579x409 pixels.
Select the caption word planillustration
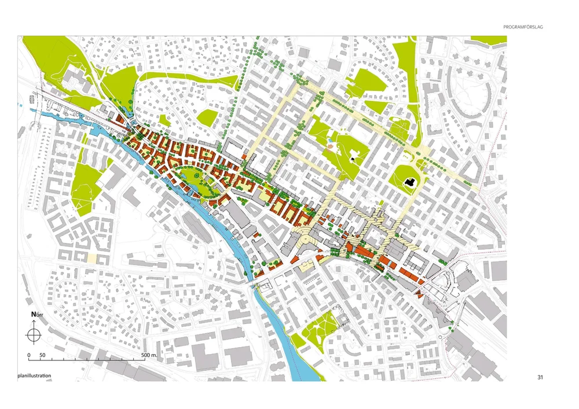tap(34, 376)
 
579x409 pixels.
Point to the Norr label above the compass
tap(36, 315)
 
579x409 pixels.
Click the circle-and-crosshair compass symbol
tap(34, 334)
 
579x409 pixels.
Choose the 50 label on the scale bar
tap(42, 354)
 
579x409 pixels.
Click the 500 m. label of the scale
tap(151, 354)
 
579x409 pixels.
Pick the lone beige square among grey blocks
tap(91, 258)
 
